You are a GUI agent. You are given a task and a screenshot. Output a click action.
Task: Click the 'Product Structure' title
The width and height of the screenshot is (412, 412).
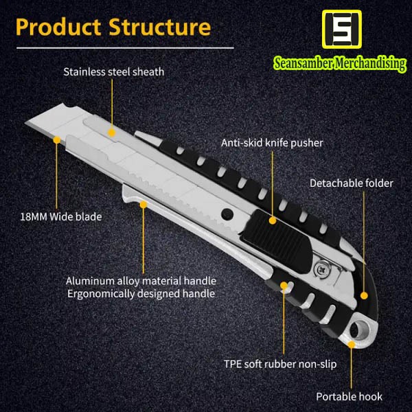coord(113,27)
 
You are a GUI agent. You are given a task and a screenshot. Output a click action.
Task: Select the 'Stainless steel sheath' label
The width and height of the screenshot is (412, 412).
coord(114,71)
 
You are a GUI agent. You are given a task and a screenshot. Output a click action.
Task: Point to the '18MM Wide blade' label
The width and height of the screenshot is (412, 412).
coord(60,217)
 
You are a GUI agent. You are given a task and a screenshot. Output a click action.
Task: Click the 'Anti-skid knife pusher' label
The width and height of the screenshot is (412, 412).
coord(272,143)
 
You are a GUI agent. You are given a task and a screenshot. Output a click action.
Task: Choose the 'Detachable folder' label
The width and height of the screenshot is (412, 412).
coord(352,183)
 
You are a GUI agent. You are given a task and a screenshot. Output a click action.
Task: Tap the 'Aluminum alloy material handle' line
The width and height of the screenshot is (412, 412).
coord(141,281)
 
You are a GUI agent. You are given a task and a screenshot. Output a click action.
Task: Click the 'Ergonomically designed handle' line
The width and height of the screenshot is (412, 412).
coord(141,294)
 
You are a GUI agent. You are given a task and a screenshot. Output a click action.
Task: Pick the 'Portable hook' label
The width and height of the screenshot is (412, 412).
coord(349,396)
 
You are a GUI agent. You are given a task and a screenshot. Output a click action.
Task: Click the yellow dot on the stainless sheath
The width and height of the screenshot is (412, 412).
coord(114,131)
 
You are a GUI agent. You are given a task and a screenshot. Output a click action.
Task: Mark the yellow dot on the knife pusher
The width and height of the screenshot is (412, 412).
coord(273,221)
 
